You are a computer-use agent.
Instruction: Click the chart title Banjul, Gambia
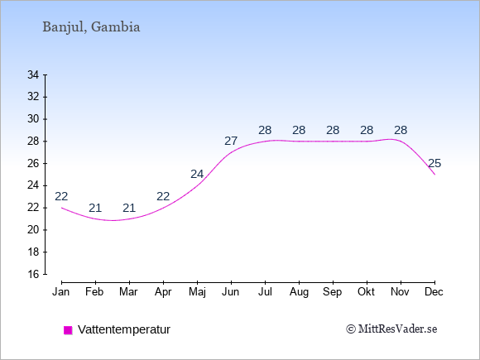coord(91,27)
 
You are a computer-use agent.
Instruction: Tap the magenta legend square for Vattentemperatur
coord(68,330)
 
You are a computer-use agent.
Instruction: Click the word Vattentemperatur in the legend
coord(124,329)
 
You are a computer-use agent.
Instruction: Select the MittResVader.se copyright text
coord(391,329)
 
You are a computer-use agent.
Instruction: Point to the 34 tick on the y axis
coord(33,74)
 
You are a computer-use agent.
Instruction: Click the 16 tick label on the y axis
coord(33,274)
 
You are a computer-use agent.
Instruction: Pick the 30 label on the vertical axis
coord(33,119)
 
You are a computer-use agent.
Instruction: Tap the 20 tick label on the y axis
coord(33,229)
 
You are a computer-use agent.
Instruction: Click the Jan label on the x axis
coord(61,292)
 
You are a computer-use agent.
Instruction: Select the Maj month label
coord(197,292)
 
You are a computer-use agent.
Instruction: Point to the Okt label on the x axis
coord(366,292)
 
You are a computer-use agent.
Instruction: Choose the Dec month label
coord(434,292)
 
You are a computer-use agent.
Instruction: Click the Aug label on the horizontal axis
coord(299,292)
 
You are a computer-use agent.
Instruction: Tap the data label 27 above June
coord(231,142)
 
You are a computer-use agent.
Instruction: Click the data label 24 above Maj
coord(197,174)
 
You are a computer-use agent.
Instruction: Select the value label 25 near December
coord(434,164)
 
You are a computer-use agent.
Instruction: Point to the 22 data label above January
coord(61,196)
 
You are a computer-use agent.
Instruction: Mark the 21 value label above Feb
coord(95,209)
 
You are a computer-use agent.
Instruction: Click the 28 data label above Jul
coord(265,131)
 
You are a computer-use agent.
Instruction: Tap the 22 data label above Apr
coord(163,196)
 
